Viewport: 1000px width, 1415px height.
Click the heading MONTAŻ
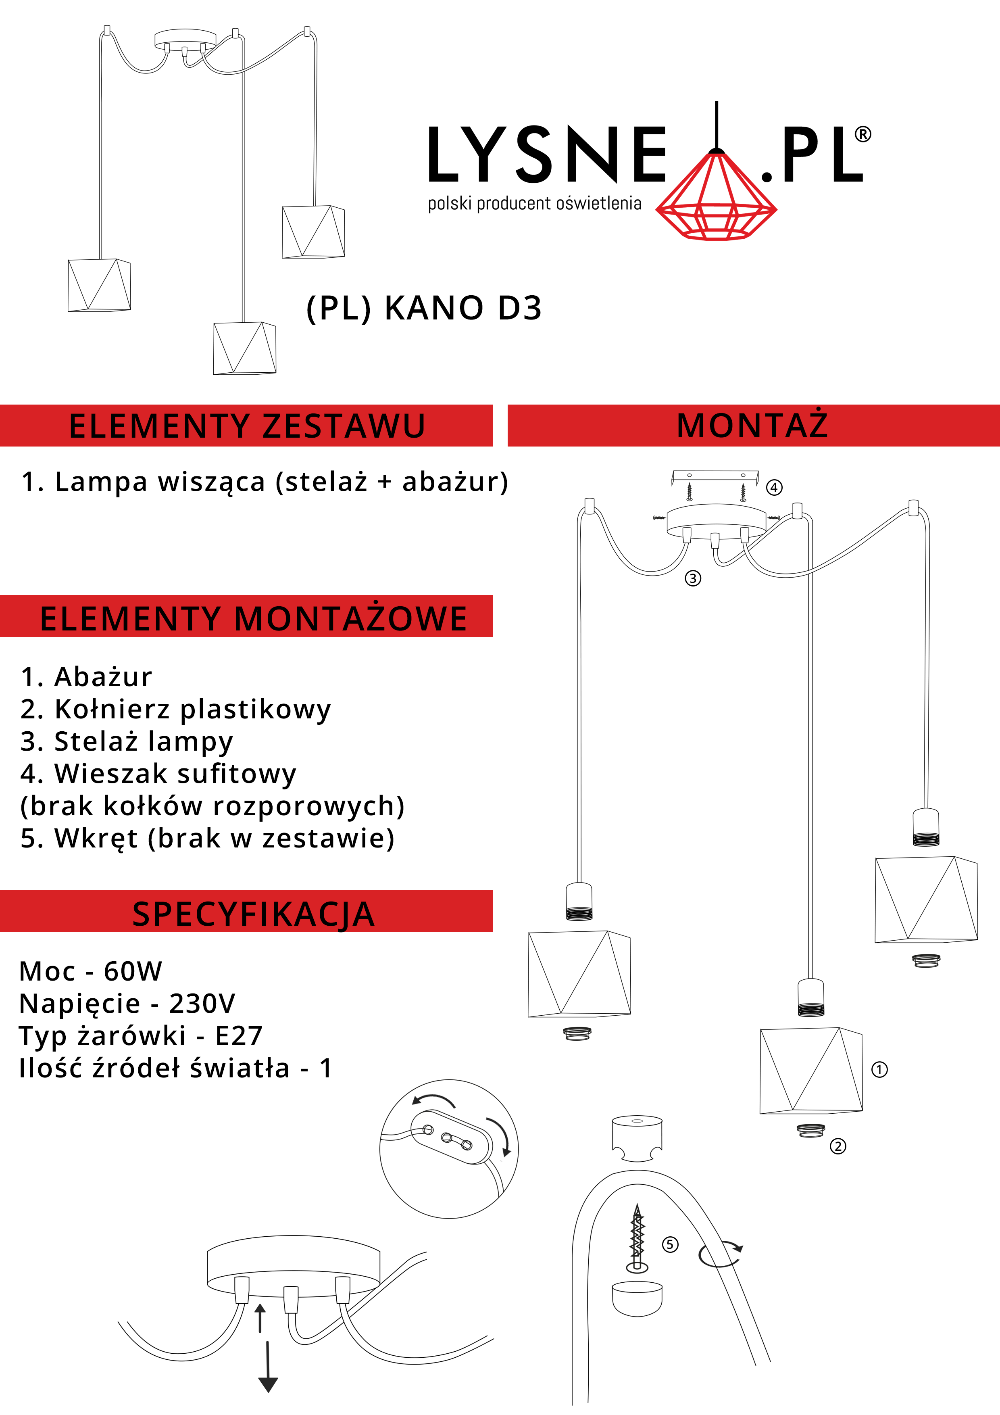point(752,425)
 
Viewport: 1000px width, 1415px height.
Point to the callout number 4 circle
point(775,488)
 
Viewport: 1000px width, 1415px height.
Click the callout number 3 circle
point(693,578)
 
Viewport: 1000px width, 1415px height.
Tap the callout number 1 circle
point(879,1069)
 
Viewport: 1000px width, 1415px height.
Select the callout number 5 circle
point(670,1244)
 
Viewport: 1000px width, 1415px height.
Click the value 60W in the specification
point(133,971)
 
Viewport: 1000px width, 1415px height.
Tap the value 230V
point(202,1003)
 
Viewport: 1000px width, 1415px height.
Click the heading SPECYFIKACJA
point(253,913)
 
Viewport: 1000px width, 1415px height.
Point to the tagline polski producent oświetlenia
point(535,203)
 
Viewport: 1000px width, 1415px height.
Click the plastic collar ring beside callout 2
point(811,1130)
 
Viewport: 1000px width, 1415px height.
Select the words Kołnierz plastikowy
point(193,710)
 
